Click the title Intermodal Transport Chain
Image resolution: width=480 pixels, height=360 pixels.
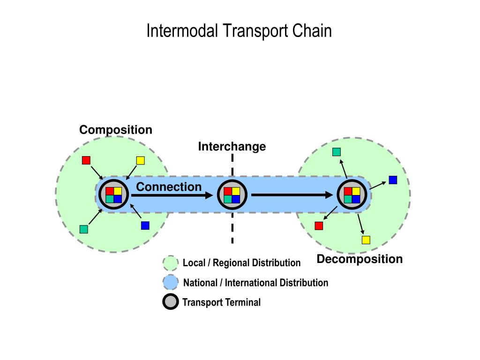pyautogui.click(x=239, y=31)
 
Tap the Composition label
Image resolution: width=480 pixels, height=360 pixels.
pyautogui.click(x=116, y=130)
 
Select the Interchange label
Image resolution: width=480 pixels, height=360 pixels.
pyautogui.click(x=232, y=147)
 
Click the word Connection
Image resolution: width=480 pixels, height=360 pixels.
pyautogui.click(x=169, y=187)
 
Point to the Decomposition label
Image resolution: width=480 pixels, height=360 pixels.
pyautogui.click(x=360, y=259)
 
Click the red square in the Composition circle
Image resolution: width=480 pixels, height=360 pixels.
pyautogui.click(x=86, y=160)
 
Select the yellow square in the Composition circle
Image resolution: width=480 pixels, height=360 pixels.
pyautogui.click(x=141, y=160)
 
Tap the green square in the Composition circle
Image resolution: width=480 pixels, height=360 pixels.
pyautogui.click(x=83, y=229)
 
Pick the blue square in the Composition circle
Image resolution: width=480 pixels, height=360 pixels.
pyautogui.click(x=145, y=225)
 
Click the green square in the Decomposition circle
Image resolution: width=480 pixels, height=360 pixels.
pyautogui.click(x=337, y=152)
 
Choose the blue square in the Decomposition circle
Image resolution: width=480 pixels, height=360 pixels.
pyautogui.click(x=393, y=180)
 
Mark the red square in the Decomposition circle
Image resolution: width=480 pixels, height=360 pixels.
pyautogui.click(x=319, y=226)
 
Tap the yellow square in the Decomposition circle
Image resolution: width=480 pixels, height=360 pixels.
pyautogui.click(x=366, y=240)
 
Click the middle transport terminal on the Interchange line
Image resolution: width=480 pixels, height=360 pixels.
pyautogui.click(x=232, y=195)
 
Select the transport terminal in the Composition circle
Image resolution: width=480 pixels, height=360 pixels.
pyautogui.click(x=113, y=195)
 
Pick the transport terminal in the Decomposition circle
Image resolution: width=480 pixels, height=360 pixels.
pyautogui.click(x=352, y=195)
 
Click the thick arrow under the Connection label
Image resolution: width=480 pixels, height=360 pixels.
pyautogui.click(x=172, y=195)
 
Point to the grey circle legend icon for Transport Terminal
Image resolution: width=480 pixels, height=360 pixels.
pyautogui.click(x=171, y=302)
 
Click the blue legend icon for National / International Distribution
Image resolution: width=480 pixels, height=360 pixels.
pyautogui.click(x=171, y=282)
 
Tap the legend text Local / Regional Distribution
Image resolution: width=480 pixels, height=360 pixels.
pyautogui.click(x=241, y=263)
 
